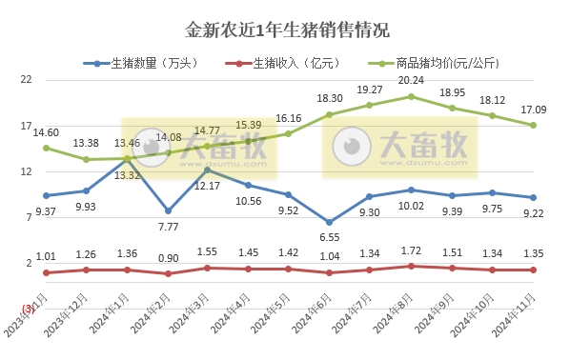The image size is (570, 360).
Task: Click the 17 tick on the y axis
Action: (27, 126)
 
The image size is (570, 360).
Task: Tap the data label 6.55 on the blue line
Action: (330, 236)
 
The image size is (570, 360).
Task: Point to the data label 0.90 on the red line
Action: (168, 258)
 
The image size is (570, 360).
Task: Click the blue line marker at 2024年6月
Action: (330, 222)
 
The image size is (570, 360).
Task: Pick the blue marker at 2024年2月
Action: (168, 210)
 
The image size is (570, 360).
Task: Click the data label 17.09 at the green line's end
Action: (533, 110)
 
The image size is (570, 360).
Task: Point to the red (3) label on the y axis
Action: (28, 307)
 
